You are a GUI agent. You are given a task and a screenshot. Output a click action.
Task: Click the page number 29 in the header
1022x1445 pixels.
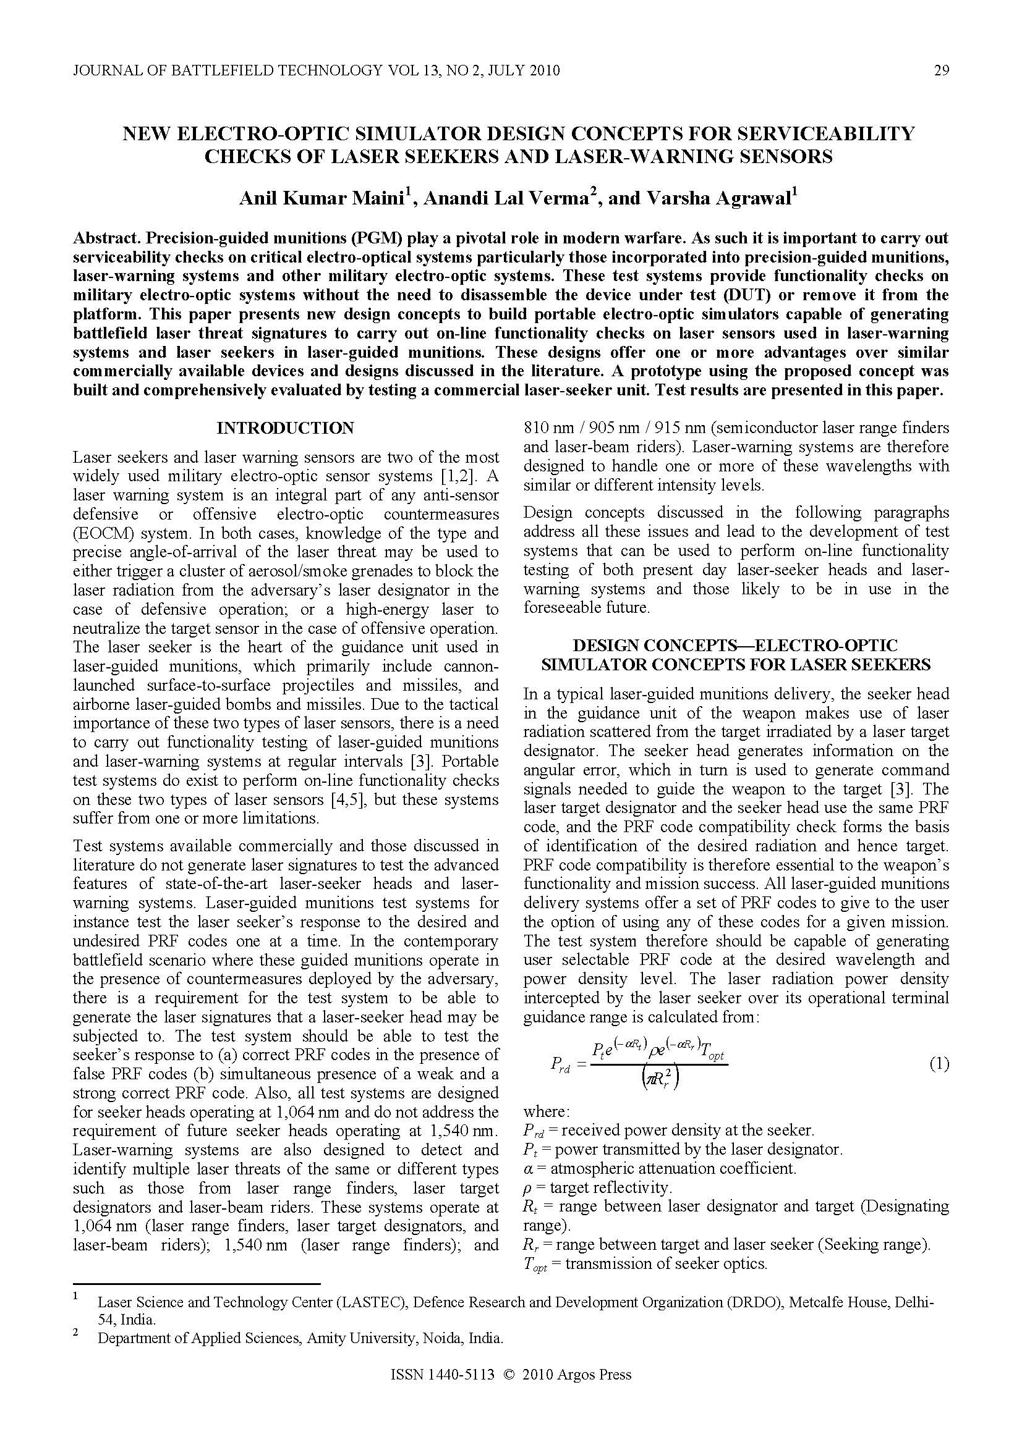[941, 70]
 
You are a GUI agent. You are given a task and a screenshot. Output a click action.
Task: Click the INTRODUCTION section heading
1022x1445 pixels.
[285, 429]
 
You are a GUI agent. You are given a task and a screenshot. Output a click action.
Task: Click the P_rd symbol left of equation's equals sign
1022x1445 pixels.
[560, 1065]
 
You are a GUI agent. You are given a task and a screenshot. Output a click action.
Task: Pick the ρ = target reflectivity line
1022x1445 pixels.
[597, 1187]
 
